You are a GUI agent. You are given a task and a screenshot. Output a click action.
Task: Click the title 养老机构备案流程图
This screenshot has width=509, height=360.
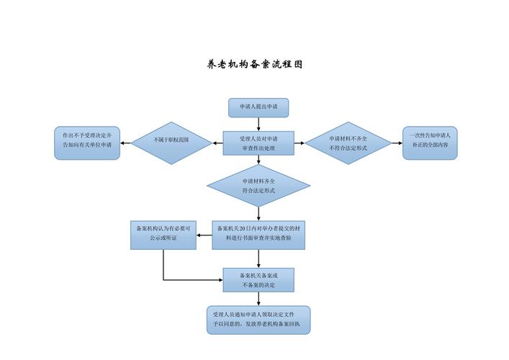coord(255,64)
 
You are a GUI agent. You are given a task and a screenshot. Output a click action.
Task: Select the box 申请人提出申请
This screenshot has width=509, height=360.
coord(258,107)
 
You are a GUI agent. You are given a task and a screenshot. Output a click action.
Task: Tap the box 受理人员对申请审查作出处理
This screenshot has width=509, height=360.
coord(258,143)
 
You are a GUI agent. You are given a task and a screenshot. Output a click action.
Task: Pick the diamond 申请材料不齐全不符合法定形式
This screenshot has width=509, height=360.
coord(348,143)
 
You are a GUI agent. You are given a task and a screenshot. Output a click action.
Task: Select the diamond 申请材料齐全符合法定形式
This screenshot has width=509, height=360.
coord(258,186)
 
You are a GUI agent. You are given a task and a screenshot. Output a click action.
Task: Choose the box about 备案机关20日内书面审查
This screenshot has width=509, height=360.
coord(258,235)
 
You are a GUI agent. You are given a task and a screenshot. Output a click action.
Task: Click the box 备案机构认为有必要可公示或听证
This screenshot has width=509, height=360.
coord(163,235)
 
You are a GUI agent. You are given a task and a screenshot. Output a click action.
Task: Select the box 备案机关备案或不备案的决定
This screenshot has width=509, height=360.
coord(258,279)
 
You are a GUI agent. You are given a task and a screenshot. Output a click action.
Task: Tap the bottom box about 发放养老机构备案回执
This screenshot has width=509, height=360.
coord(258,320)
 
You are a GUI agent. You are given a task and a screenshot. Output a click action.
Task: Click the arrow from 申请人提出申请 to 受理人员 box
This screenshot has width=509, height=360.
coord(258,124)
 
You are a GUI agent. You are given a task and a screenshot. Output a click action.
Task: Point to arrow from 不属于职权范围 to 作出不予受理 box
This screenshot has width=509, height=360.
coord(125,143)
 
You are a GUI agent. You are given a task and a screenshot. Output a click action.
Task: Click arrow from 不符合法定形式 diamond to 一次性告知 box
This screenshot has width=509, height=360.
coord(396,143)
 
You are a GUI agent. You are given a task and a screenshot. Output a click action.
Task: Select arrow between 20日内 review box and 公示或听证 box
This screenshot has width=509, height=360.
coord(204,235)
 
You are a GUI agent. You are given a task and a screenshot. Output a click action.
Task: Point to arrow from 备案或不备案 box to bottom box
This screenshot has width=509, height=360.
coord(258,299)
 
